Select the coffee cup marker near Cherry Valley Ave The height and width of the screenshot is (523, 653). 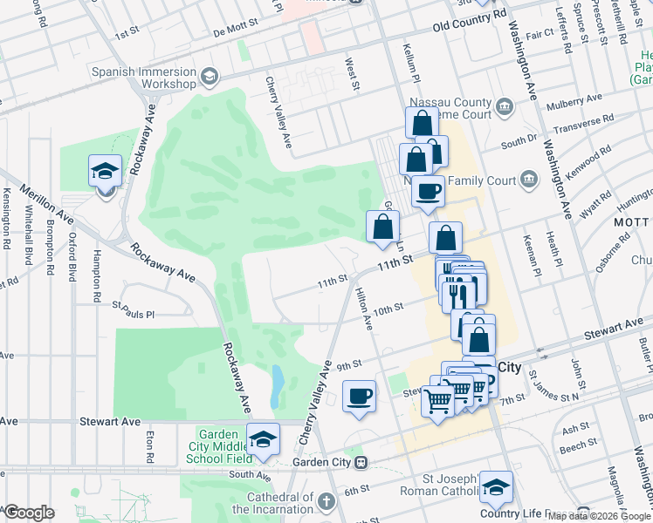tap(359, 397)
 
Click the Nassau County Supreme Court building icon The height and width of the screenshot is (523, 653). tap(505, 108)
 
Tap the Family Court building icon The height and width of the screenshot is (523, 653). tap(528, 180)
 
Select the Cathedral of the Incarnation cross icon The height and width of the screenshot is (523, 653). tap(326, 502)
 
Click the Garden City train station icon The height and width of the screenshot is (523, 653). tap(370, 462)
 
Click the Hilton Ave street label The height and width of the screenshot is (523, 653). tap(369, 311)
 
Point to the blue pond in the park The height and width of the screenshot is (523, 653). tap(277, 386)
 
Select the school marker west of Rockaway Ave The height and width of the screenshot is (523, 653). tap(105, 172)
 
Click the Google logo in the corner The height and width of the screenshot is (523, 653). tap(29, 513)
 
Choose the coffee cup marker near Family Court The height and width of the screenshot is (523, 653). tap(427, 192)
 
